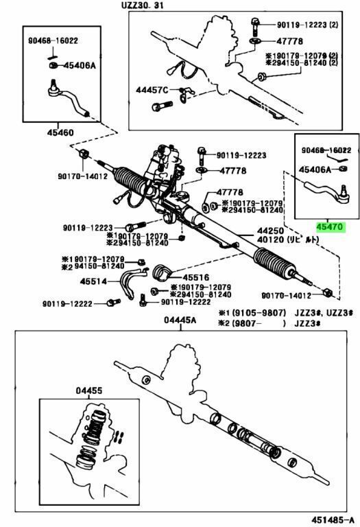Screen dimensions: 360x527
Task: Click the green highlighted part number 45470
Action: [x=329, y=227]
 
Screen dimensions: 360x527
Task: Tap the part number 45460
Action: [x=60, y=132]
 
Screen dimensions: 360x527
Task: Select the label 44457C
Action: [x=152, y=90]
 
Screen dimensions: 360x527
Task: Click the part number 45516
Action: [x=196, y=278]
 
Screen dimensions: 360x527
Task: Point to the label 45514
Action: [x=93, y=281]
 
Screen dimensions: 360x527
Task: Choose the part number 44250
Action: [x=271, y=231]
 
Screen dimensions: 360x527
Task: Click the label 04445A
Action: [x=180, y=320]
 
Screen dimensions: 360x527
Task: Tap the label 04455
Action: [x=89, y=391]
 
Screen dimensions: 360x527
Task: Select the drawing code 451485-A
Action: [x=333, y=519]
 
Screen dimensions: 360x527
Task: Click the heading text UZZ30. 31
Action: [x=143, y=5]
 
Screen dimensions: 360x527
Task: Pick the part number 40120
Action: [x=271, y=239]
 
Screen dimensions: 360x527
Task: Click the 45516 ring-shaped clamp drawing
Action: [x=162, y=272]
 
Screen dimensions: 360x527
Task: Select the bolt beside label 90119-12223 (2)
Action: [x=254, y=27]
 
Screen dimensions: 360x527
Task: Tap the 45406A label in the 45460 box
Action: [x=80, y=65]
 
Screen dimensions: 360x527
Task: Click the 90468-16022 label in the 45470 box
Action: [x=326, y=150]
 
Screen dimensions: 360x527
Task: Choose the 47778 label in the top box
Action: [x=289, y=41]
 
